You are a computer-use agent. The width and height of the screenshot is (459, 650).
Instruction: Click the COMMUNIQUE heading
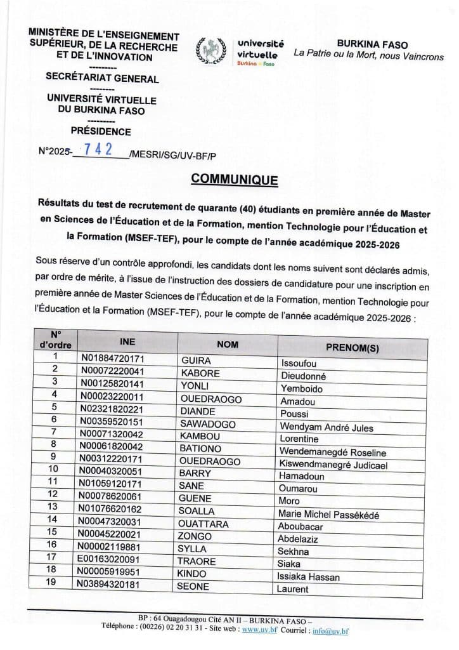[234, 180]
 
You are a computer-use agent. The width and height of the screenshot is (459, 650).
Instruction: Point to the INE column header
[127, 341]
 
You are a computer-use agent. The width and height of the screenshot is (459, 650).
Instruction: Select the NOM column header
[227, 344]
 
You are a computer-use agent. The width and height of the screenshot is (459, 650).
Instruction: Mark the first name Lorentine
[304, 439]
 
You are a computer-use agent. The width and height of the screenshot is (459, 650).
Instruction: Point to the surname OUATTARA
[202, 525]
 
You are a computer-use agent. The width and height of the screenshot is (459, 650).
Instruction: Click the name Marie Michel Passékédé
[330, 515]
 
